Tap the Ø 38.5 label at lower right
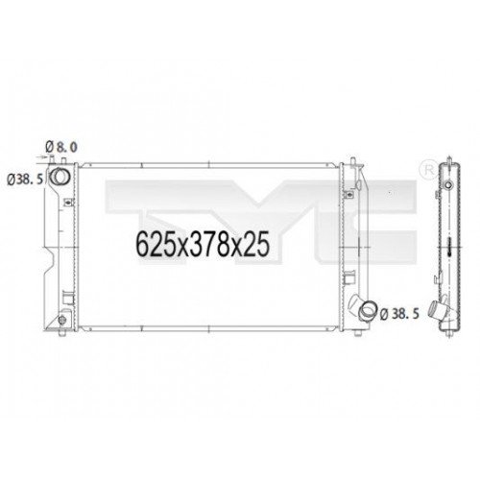tap(403, 313)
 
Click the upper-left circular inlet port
tap(60, 179)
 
